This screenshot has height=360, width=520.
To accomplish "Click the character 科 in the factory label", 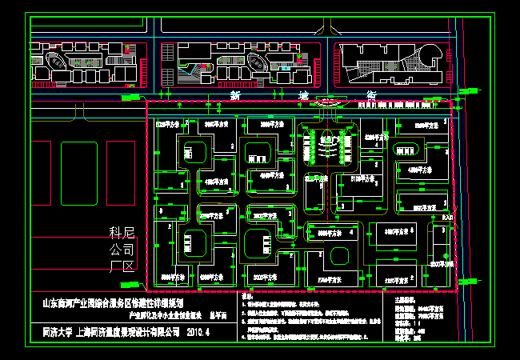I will coord(118,233).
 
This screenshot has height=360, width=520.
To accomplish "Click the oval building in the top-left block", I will coord(58,62).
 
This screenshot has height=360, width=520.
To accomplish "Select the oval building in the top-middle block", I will coord(258,61).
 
